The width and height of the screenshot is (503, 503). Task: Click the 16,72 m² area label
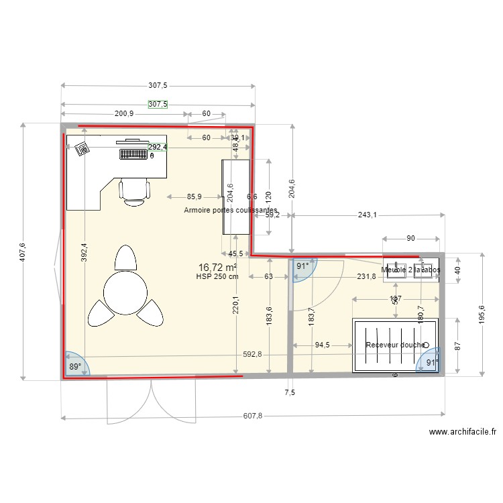pos(218,268)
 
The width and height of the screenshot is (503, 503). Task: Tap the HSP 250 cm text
pos(217,276)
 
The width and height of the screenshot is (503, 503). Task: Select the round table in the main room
pos(125,291)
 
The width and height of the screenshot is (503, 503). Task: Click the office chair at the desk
pos(133,190)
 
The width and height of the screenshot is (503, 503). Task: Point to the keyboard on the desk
pos(133,154)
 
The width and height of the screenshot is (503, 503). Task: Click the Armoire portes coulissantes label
pos(231,210)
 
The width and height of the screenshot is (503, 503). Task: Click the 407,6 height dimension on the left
pos(22,252)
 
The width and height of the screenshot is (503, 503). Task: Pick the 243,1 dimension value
pos(367,215)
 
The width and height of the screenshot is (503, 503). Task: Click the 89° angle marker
pos(75,367)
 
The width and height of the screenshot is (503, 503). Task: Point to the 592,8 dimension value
pos(252,356)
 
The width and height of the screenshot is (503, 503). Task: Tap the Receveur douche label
pos(395,345)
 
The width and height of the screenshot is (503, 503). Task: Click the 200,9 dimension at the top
pos(124,114)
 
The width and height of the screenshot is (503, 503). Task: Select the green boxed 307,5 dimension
pos(158,105)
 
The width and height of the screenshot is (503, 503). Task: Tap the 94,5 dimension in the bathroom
pos(323,345)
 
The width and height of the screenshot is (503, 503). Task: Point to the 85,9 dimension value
pos(194,197)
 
